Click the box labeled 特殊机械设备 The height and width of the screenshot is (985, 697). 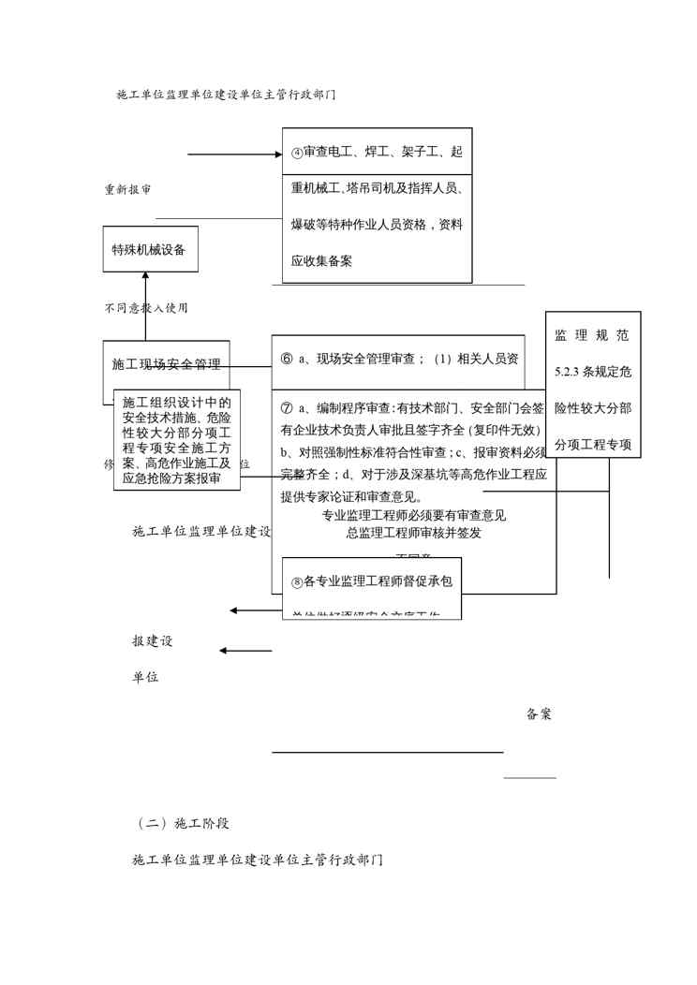coord(150,249)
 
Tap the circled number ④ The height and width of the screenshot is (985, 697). coord(296,153)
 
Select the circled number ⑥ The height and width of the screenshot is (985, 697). coord(287,359)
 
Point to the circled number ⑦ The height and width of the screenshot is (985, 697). coord(287,408)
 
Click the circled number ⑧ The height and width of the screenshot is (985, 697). coord(296,582)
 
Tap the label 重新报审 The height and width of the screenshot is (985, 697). coord(128,189)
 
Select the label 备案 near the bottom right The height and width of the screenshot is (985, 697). coord(539,714)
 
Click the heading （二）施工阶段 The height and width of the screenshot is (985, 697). coord(184,824)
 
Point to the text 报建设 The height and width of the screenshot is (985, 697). coord(152,642)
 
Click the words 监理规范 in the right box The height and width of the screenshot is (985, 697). coord(592,335)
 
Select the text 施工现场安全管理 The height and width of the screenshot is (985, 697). coord(166,363)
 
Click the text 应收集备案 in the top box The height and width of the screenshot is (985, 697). coord(322,261)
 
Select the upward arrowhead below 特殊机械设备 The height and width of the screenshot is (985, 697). coord(145,276)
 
